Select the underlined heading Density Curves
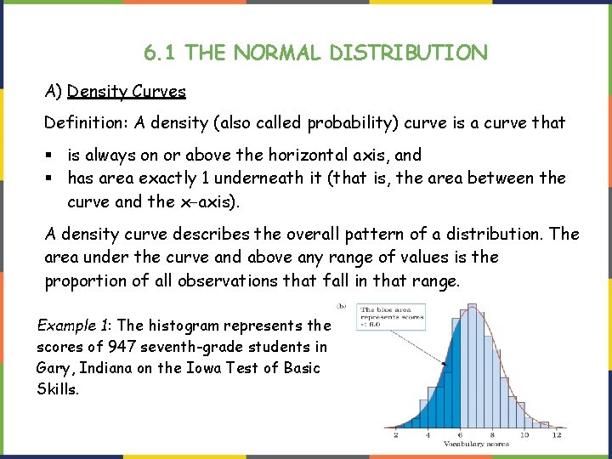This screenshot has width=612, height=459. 127,90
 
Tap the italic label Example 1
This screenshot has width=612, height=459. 71,325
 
